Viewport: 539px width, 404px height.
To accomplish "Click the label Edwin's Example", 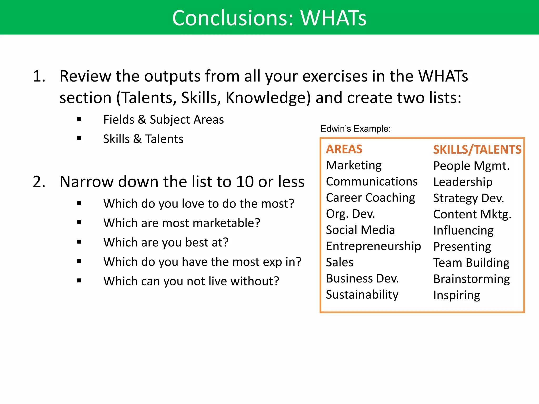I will [x=355, y=129].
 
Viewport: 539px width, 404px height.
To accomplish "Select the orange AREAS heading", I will [x=344, y=149].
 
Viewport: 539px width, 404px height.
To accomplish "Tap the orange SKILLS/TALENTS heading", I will [x=477, y=150].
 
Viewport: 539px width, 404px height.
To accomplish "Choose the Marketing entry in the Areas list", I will [x=353, y=165].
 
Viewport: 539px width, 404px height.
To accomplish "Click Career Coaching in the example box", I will [x=370, y=198].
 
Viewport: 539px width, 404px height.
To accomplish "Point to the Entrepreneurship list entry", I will [x=373, y=246].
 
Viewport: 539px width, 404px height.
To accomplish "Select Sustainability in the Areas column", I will [x=362, y=295].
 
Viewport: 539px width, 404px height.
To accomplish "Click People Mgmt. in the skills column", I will [x=471, y=166].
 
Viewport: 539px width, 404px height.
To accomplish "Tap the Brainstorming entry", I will [x=471, y=279].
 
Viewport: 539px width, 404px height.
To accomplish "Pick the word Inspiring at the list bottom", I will [x=456, y=295].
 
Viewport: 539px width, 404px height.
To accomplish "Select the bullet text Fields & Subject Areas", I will [x=163, y=120].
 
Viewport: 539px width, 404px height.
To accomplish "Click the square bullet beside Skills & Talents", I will [x=79, y=139].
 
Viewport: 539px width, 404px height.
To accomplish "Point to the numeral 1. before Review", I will [x=39, y=76].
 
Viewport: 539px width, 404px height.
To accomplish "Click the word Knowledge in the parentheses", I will [x=268, y=98].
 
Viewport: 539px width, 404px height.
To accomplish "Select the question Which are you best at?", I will [x=166, y=242].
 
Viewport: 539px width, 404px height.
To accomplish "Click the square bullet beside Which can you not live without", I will [x=79, y=281].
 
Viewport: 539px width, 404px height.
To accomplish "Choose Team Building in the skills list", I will [x=471, y=263].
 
